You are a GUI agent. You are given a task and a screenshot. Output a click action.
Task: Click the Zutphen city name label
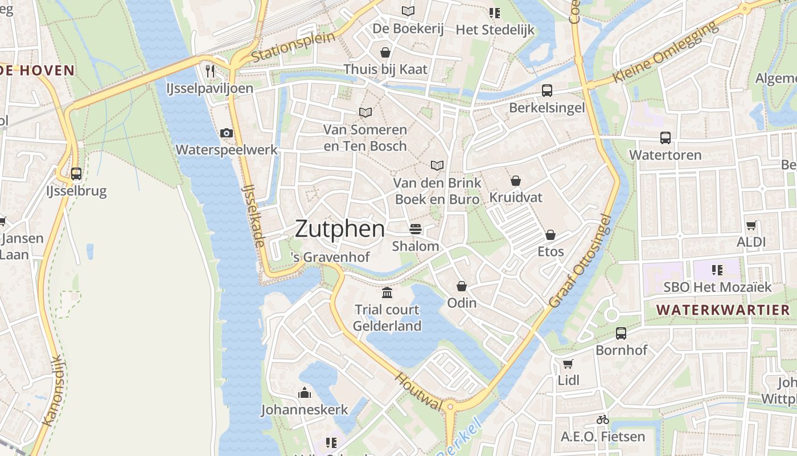pyautogui.click(x=340, y=229)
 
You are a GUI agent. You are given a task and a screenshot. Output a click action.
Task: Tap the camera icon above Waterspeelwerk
pyautogui.click(x=227, y=133)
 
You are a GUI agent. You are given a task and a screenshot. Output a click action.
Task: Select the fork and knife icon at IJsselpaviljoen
pyautogui.click(x=210, y=71)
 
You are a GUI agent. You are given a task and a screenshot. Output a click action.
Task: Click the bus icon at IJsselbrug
pyautogui.click(x=76, y=174)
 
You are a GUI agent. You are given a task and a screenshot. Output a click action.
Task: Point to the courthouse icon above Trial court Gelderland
pyautogui.click(x=387, y=292)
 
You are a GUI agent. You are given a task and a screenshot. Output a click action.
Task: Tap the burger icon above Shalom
pyautogui.click(x=416, y=229)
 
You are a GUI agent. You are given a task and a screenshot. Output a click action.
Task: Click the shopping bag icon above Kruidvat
pyautogui.click(x=516, y=181)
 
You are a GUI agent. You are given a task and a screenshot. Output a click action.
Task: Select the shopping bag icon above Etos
pyautogui.click(x=550, y=234)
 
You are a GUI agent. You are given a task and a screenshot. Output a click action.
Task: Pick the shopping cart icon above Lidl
pyautogui.click(x=568, y=364)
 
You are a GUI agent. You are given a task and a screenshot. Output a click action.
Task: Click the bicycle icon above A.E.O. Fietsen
pyautogui.click(x=603, y=420)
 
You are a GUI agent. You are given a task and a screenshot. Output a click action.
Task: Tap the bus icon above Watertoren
pyautogui.click(x=665, y=137)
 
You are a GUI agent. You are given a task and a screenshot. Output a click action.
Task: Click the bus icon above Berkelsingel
pyautogui.click(x=547, y=90)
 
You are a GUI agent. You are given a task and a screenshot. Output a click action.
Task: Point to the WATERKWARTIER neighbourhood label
pyautogui.click(x=723, y=310)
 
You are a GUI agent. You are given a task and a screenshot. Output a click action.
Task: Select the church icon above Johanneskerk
pyautogui.click(x=305, y=393)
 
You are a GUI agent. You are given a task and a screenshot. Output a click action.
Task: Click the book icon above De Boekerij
pyautogui.click(x=408, y=11)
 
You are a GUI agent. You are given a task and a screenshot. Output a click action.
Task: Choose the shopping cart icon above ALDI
pyautogui.click(x=751, y=225)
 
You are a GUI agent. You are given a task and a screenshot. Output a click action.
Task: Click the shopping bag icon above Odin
pyautogui.click(x=462, y=286)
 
